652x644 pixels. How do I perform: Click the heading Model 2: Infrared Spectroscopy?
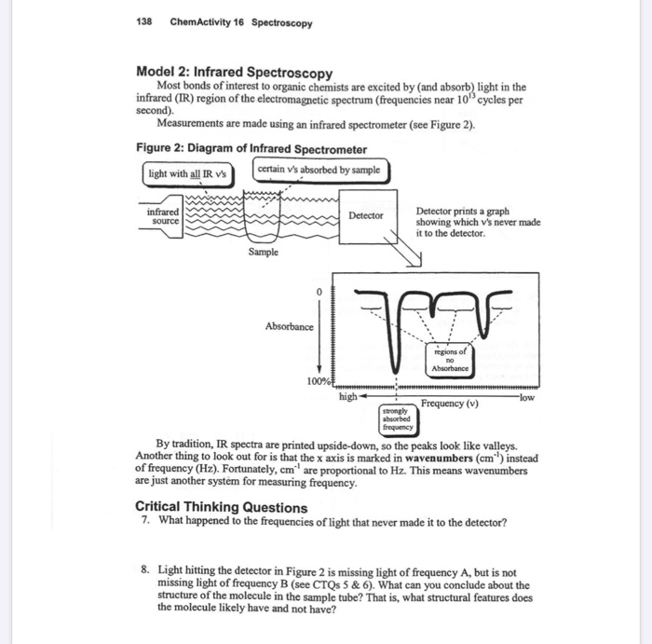(234, 73)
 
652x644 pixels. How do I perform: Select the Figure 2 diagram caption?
(251, 149)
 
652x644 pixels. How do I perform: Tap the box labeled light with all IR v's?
(187, 173)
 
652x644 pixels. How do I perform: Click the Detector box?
(366, 215)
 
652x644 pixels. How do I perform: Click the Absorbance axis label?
(289, 327)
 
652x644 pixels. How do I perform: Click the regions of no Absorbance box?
(449, 359)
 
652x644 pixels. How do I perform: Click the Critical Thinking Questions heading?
(221, 507)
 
